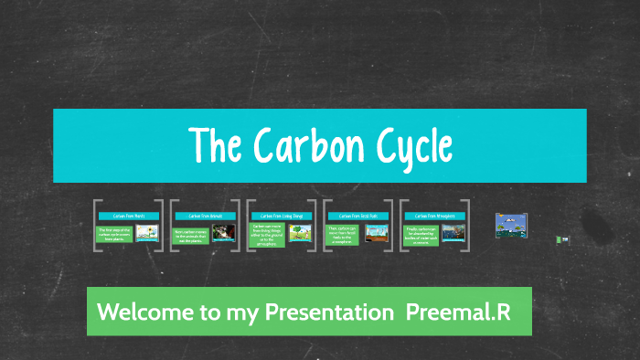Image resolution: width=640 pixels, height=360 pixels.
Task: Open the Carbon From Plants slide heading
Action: (128, 217)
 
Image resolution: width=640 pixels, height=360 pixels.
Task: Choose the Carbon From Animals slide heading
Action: (204, 217)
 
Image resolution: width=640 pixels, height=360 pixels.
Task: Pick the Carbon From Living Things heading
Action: (281, 217)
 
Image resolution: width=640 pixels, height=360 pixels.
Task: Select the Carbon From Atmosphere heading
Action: (434, 217)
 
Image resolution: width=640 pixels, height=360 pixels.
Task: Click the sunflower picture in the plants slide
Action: (146, 233)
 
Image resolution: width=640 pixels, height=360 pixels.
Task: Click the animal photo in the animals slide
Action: (223, 233)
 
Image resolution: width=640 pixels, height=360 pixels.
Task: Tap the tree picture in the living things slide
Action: (300, 233)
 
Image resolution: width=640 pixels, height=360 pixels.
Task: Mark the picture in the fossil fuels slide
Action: (377, 233)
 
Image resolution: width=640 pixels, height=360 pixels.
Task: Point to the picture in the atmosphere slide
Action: (453, 233)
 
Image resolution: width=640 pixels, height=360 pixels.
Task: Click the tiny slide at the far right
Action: (564, 239)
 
